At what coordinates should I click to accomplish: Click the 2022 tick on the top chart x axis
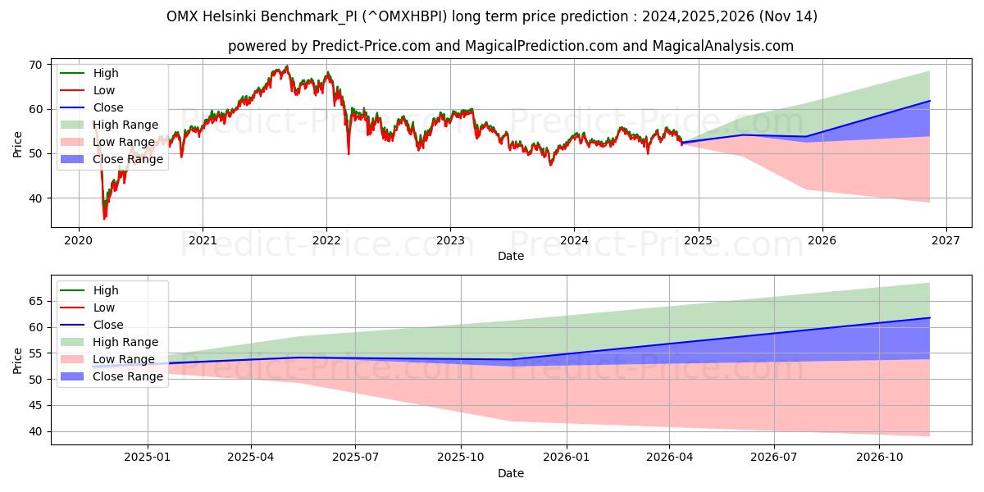pos(326,240)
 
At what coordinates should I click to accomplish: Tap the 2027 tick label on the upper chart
pos(945,240)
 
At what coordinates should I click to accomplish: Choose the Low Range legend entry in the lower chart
pos(124,359)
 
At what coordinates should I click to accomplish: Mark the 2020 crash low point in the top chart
pos(104,219)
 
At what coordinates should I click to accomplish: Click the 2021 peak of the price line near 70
pos(286,66)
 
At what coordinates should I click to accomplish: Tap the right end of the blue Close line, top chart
pos(929,101)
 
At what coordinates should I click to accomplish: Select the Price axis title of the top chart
pos(18,143)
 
